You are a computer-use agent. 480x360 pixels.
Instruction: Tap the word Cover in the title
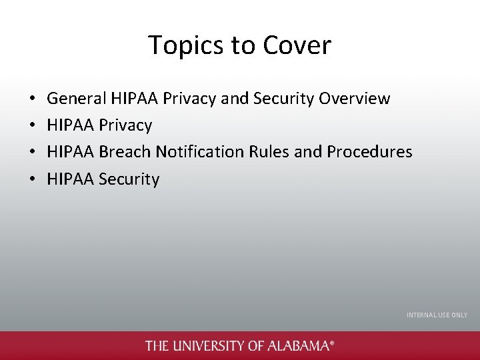coord(297,45)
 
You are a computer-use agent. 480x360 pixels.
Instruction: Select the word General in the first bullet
coord(77,99)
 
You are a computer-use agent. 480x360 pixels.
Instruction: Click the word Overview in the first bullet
coord(355,99)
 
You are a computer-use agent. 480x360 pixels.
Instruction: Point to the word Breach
coord(125,152)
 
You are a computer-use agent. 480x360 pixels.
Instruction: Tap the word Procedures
coord(369,152)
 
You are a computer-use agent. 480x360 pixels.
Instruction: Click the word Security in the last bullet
coord(129,179)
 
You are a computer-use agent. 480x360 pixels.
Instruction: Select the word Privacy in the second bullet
coord(125,125)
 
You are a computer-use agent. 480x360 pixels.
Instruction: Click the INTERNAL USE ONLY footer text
coord(437,315)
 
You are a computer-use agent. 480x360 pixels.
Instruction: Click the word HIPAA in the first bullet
coord(133,99)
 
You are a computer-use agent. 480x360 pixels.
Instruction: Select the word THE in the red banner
coord(157,346)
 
